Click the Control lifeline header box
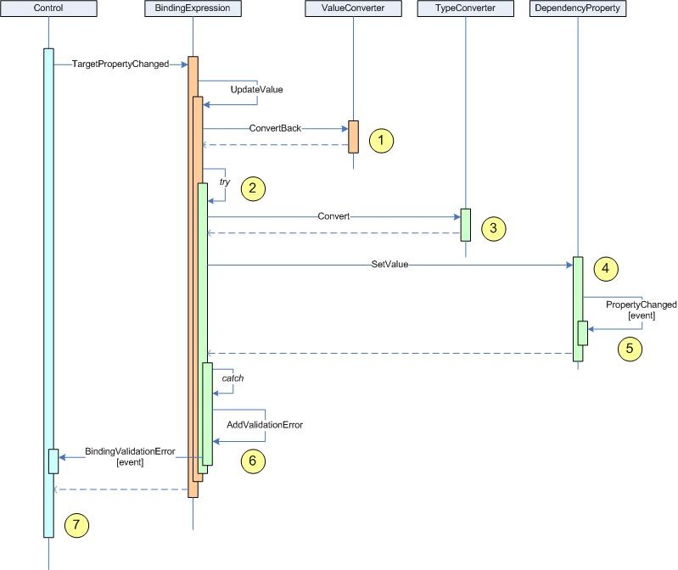pyautogui.click(x=49, y=9)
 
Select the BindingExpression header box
pyautogui.click(x=193, y=9)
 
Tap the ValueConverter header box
pyautogui.click(x=352, y=9)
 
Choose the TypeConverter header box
pyautogui.click(x=465, y=9)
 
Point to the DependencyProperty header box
pyautogui.click(x=577, y=9)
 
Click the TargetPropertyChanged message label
pyautogui.click(x=120, y=64)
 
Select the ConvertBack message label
pyautogui.click(x=275, y=129)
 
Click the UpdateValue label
pyautogui.click(x=256, y=89)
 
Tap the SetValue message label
pyautogui.click(x=390, y=265)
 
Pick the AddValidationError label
pyautogui.click(x=265, y=424)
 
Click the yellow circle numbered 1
pyautogui.click(x=383, y=141)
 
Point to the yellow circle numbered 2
pyautogui.click(x=253, y=189)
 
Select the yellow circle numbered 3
pyautogui.click(x=493, y=228)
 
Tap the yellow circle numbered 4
pyautogui.click(x=606, y=269)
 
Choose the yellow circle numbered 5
pyautogui.click(x=630, y=348)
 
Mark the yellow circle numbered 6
pyautogui.click(x=253, y=461)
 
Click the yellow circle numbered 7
pyautogui.click(x=76, y=525)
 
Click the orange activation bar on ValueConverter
pyautogui.click(x=353, y=137)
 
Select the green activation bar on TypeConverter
pyautogui.click(x=465, y=225)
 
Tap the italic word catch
pyautogui.click(x=233, y=377)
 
